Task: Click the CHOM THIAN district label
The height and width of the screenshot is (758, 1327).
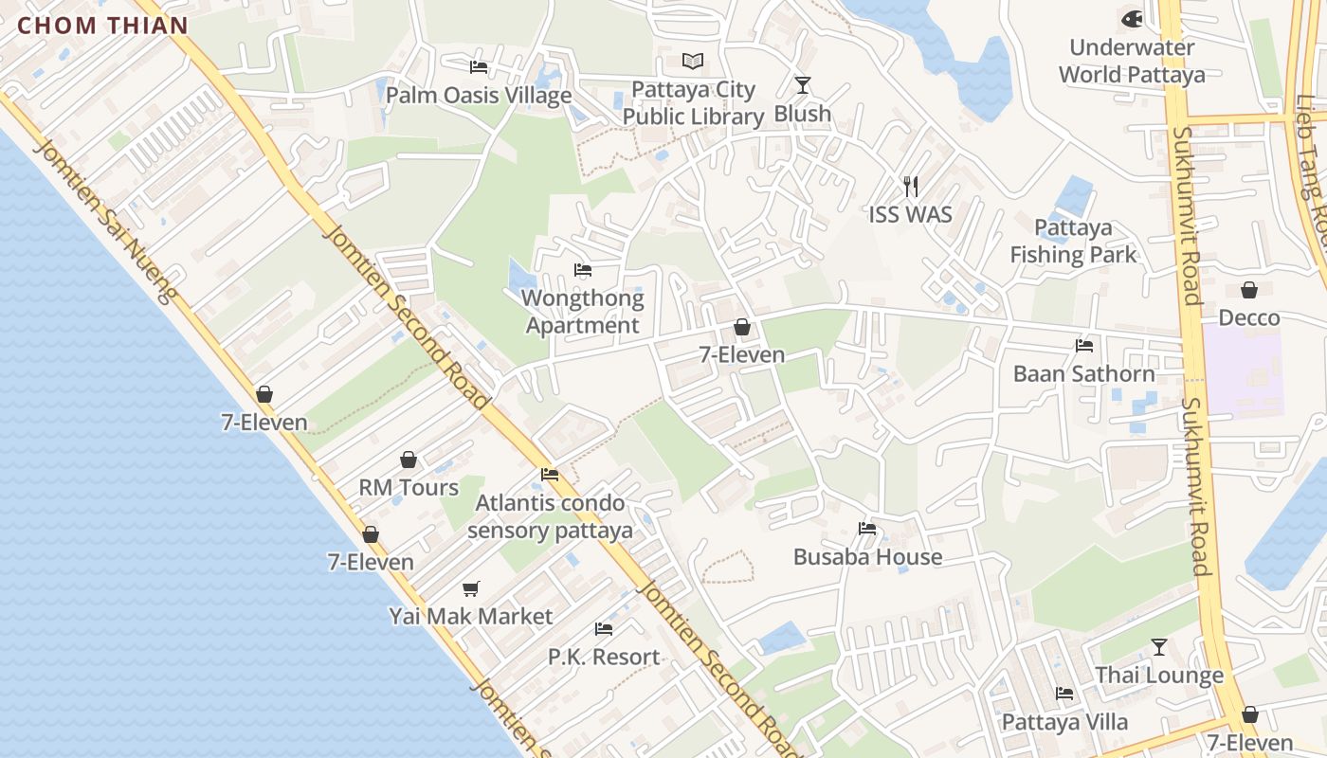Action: pyautogui.click(x=103, y=26)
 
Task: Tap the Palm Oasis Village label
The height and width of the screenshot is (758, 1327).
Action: pyautogui.click(x=479, y=96)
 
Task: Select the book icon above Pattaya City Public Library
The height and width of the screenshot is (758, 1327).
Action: pyautogui.click(x=693, y=62)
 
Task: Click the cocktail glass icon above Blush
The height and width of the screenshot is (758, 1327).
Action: pyautogui.click(x=803, y=85)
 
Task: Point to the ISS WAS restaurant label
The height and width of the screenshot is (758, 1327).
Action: pyautogui.click(x=910, y=214)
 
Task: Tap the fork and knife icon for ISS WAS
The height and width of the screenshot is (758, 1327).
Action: pyautogui.click(x=910, y=186)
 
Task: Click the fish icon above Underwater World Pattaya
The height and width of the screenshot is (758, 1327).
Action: pyautogui.click(x=1132, y=19)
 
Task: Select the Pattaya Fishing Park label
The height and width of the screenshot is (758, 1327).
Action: pyautogui.click(x=1073, y=241)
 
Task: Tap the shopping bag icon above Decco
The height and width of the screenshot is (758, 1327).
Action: pyautogui.click(x=1249, y=290)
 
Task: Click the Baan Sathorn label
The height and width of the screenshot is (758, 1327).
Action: pyautogui.click(x=1084, y=373)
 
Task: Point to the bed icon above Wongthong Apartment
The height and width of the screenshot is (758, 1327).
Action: pyautogui.click(x=583, y=270)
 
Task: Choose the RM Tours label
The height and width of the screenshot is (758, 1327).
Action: pyautogui.click(x=409, y=487)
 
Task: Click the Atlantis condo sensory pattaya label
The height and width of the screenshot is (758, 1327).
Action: pyautogui.click(x=550, y=515)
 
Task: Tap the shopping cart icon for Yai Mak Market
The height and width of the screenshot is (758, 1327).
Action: pyautogui.click(x=471, y=588)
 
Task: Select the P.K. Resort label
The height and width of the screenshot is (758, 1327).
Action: pyautogui.click(x=604, y=657)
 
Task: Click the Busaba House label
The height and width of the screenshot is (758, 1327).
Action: pyautogui.click(x=867, y=556)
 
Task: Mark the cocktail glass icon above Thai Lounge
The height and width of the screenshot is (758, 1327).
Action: pyautogui.click(x=1159, y=647)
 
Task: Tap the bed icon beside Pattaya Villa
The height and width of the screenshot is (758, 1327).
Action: pyautogui.click(x=1064, y=694)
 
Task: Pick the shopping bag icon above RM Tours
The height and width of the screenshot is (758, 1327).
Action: pyautogui.click(x=409, y=460)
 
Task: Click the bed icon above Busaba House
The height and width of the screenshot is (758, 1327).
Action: pyautogui.click(x=867, y=529)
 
